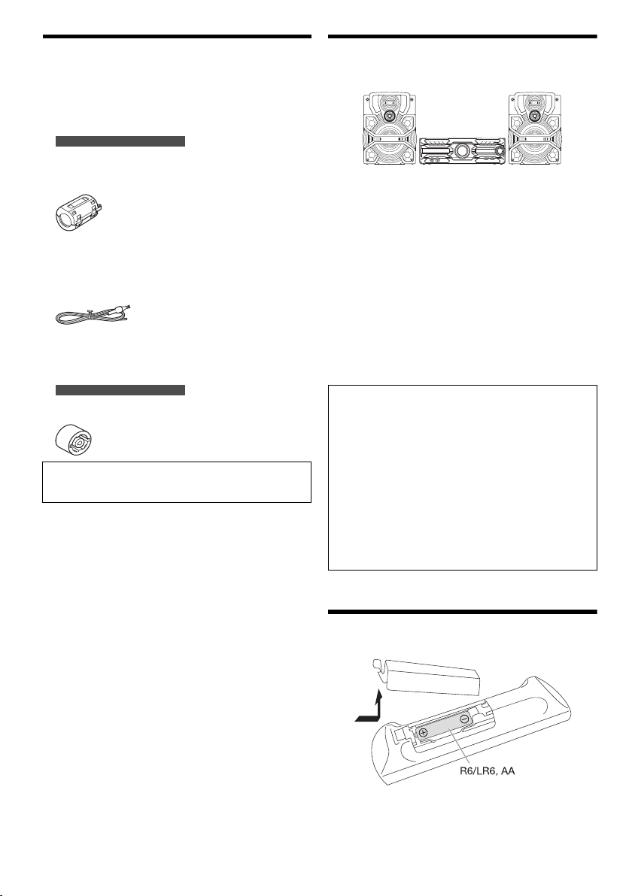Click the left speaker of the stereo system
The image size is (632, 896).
point(390,130)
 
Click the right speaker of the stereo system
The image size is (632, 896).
point(536,130)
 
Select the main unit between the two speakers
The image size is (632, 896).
point(463,151)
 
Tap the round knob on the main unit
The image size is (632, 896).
point(463,151)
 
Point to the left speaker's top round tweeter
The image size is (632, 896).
point(390,115)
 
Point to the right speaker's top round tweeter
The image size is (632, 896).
point(536,115)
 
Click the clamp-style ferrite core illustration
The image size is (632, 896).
point(81,211)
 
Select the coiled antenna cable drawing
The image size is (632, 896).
point(93,315)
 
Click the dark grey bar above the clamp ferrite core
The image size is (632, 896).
point(120,141)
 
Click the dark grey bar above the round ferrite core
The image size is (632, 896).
point(120,389)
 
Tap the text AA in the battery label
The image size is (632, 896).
point(507,771)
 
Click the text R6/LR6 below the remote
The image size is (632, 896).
point(478,771)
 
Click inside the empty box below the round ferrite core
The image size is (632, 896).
point(177,483)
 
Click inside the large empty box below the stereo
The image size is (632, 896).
point(463,477)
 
